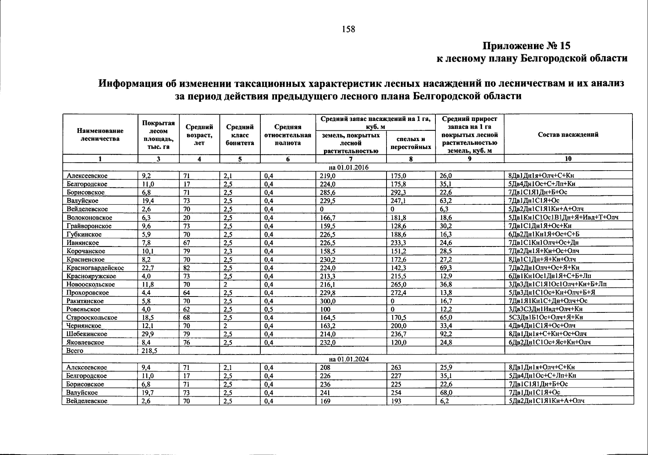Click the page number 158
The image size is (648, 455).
[348, 29]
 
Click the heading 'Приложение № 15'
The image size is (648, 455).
[526, 46]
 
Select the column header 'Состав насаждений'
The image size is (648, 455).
[568, 134]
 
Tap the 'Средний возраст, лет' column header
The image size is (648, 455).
[199, 135]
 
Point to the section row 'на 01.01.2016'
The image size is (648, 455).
[348, 167]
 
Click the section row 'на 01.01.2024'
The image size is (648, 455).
[348, 359]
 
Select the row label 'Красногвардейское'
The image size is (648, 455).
[95, 268]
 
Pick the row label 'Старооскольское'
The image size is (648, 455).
[92, 317]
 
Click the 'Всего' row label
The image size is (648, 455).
[75, 351]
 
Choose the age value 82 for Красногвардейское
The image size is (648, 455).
[186, 268]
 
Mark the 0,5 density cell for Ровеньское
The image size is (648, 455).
[269, 309]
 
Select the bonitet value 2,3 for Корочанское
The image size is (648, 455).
[227, 251]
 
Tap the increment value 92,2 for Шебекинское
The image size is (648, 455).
[446, 334]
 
